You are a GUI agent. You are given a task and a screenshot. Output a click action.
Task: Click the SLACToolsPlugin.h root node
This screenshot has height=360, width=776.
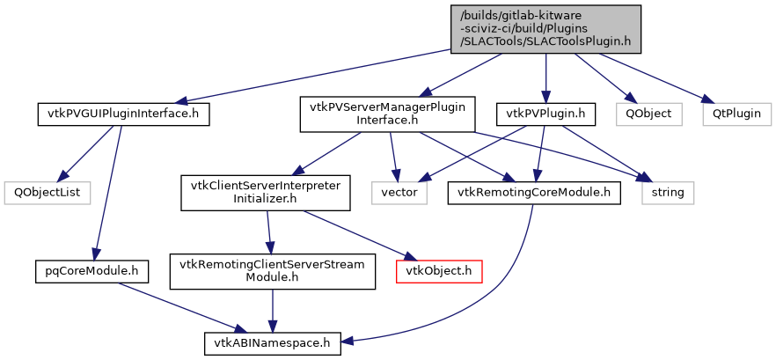pyautogui.click(x=545, y=28)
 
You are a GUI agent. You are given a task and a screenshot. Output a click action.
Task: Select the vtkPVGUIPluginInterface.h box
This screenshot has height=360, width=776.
pyautogui.click(x=124, y=114)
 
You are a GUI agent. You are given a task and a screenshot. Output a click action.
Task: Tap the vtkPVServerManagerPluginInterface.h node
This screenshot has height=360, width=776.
pyautogui.click(x=388, y=114)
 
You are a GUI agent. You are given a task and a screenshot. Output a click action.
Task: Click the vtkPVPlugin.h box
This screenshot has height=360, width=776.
pyautogui.click(x=546, y=114)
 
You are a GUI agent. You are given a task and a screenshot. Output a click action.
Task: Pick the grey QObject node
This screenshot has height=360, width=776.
pyautogui.click(x=648, y=114)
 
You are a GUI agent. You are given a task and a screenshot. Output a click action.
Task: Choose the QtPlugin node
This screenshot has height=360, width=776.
pyautogui.click(x=736, y=114)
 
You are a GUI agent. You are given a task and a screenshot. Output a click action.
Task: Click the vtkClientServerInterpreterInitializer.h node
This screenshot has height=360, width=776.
pyautogui.click(x=265, y=191)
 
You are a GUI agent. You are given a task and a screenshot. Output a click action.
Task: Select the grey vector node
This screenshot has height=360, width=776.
pyautogui.click(x=399, y=191)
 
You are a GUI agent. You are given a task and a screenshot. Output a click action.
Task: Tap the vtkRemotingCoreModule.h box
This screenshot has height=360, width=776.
pyautogui.click(x=534, y=191)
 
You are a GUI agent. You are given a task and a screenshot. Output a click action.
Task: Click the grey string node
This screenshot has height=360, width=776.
pyautogui.click(x=668, y=191)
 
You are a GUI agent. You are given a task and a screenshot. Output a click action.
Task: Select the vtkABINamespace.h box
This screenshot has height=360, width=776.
pyautogui.click(x=273, y=342)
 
